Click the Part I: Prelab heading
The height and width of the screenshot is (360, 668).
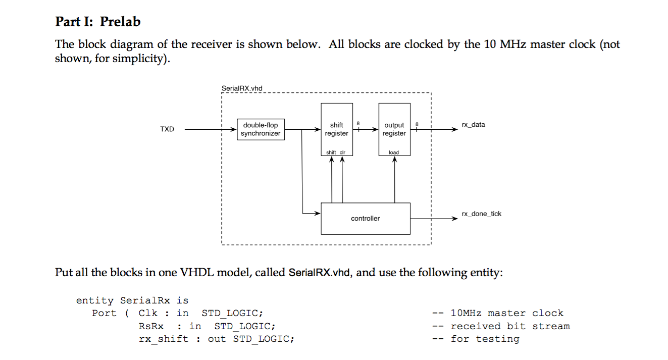[x=97, y=22]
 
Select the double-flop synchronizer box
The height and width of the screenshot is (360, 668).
[x=261, y=129]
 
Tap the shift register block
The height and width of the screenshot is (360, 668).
[x=336, y=129]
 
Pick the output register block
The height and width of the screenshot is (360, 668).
[x=394, y=129]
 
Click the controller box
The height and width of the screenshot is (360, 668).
[x=365, y=219]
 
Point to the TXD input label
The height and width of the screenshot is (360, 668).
[x=167, y=129]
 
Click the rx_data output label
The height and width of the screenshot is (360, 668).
[x=473, y=125]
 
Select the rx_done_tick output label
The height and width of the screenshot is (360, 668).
[x=481, y=214]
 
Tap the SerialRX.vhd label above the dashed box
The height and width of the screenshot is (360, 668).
[x=242, y=88]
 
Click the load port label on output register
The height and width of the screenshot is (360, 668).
[x=394, y=152]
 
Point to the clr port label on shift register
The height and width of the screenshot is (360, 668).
[x=342, y=152]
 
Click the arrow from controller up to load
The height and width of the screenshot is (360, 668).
[x=394, y=179]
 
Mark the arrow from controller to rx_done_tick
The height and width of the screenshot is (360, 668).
[x=433, y=219]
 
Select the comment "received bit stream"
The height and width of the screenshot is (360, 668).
[x=510, y=326]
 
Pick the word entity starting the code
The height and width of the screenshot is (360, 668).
[x=95, y=300]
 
